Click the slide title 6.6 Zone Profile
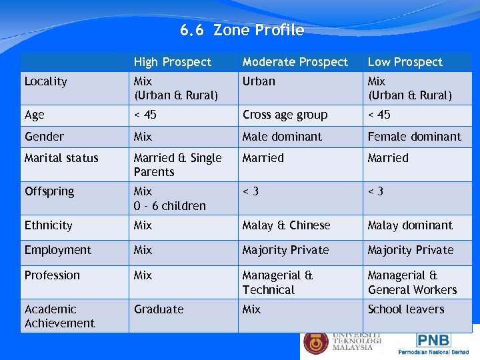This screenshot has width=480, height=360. [x=241, y=31]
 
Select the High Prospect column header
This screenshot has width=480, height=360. [x=172, y=62]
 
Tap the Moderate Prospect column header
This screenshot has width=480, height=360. [x=295, y=62]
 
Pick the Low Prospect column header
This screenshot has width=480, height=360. [x=405, y=62]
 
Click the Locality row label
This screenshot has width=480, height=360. [x=45, y=81]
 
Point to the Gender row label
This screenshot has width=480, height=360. [x=44, y=137]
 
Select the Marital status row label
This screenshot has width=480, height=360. [x=61, y=158]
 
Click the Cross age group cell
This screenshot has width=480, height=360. [x=285, y=115]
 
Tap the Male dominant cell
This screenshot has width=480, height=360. [x=282, y=137]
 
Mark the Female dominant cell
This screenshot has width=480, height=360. [x=414, y=137]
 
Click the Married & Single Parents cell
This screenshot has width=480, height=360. [x=177, y=165]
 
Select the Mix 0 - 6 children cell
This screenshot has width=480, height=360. [x=169, y=199]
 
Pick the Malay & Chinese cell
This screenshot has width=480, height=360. [x=286, y=225]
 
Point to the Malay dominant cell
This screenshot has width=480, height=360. [x=409, y=225]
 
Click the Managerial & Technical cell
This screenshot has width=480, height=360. [x=277, y=283]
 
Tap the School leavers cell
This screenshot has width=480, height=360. [x=405, y=309]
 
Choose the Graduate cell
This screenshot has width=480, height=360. [x=158, y=309]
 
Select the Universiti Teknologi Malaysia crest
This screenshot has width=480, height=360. [x=315, y=343]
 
